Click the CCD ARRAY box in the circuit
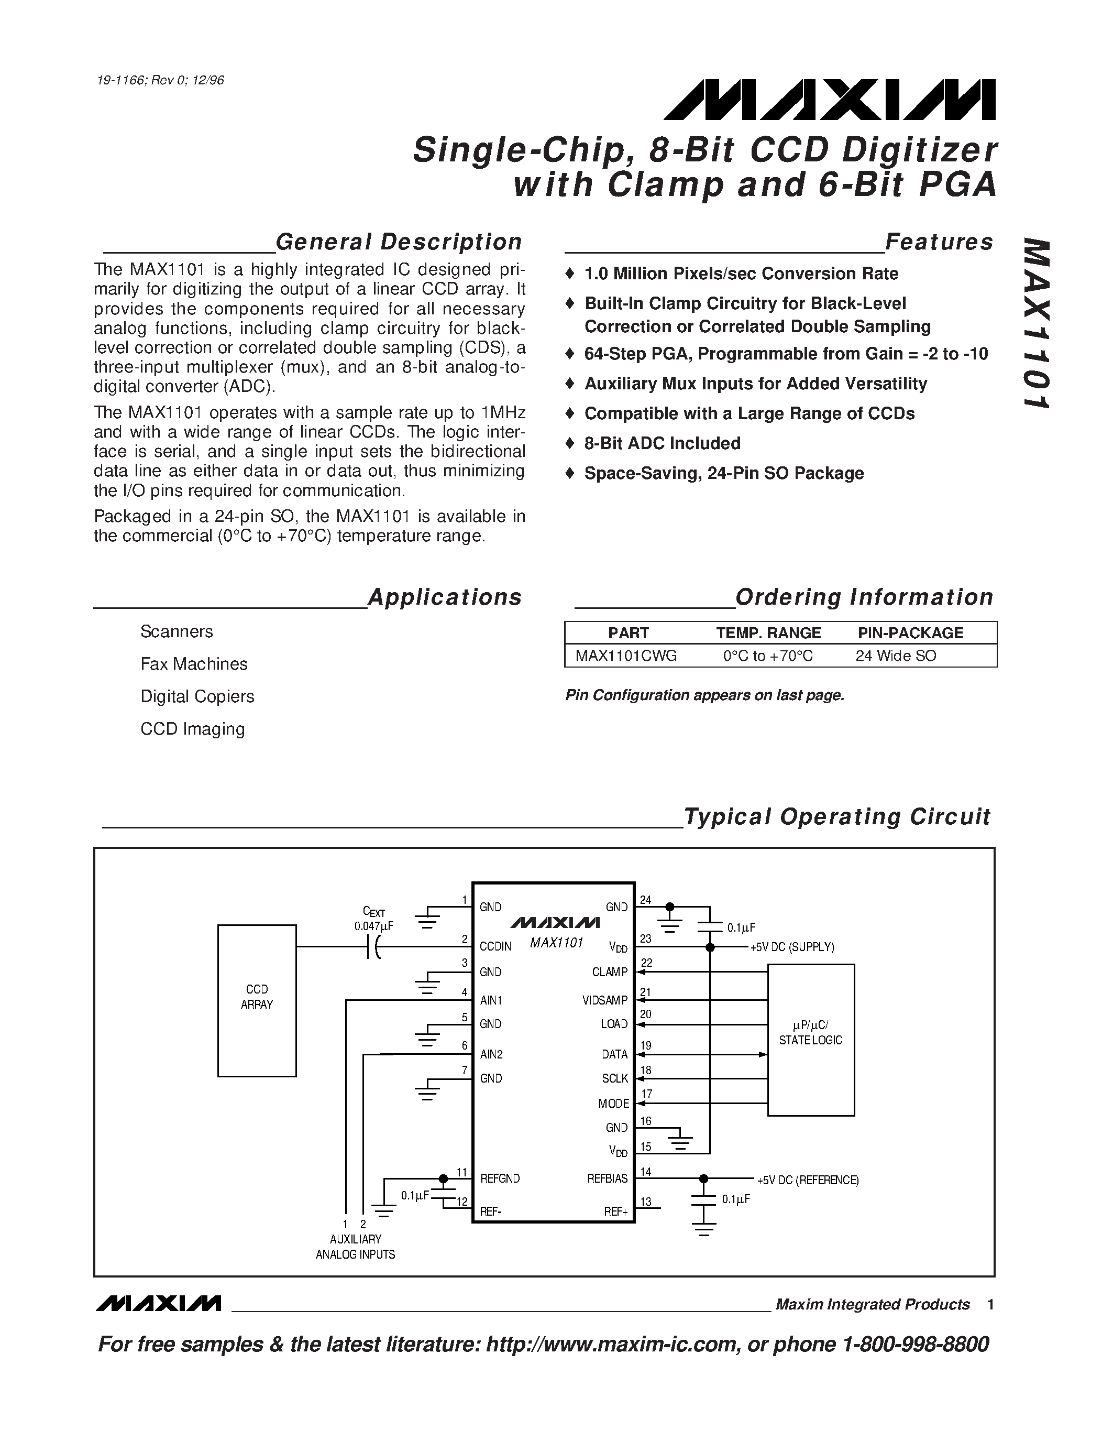(x=257, y=1000)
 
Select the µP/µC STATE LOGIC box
(x=810, y=1039)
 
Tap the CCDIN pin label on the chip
(x=495, y=946)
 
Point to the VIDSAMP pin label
(x=604, y=1000)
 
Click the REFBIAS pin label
(x=607, y=1178)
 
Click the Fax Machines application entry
(x=194, y=664)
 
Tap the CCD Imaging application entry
(x=193, y=728)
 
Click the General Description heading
(x=398, y=242)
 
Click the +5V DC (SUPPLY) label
(x=792, y=947)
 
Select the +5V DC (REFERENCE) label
(x=807, y=1180)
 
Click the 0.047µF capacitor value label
(x=373, y=926)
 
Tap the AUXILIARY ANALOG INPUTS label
(x=356, y=1247)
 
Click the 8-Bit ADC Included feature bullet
(x=662, y=443)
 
